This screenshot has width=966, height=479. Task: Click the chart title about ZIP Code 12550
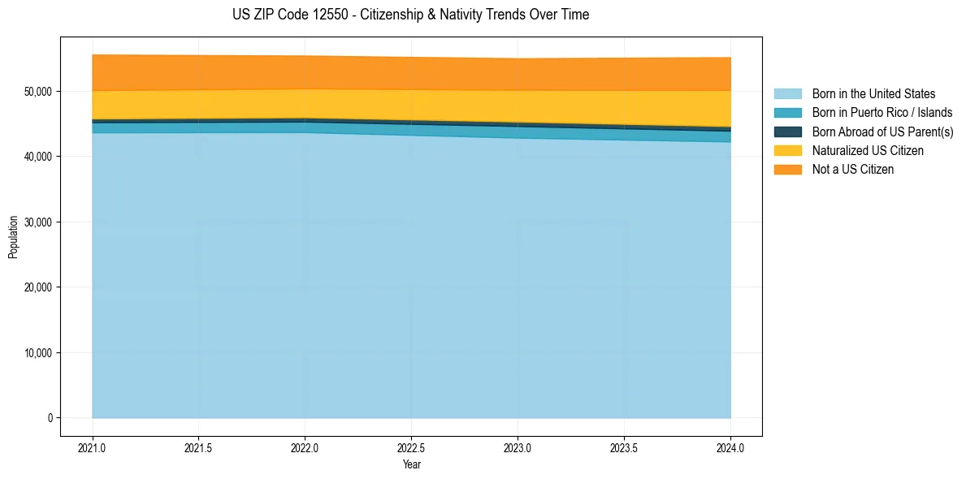tap(410, 15)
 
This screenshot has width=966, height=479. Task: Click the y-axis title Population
tap(13, 237)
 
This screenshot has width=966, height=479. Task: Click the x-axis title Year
tap(411, 464)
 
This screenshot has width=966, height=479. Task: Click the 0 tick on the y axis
tap(50, 418)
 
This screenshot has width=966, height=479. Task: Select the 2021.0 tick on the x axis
tap(93, 447)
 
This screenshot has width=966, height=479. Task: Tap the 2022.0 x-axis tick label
tap(305, 447)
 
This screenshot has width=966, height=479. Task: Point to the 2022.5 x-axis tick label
tap(411, 447)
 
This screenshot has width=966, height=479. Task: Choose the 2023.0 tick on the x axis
tap(518, 447)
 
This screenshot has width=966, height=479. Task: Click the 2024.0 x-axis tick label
tap(730, 447)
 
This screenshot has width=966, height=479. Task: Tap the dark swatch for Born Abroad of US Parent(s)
tap(787, 132)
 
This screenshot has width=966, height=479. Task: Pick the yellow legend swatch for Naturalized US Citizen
tap(787, 151)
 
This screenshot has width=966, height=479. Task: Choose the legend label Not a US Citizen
tap(853, 170)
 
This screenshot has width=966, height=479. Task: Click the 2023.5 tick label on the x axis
tap(624, 447)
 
